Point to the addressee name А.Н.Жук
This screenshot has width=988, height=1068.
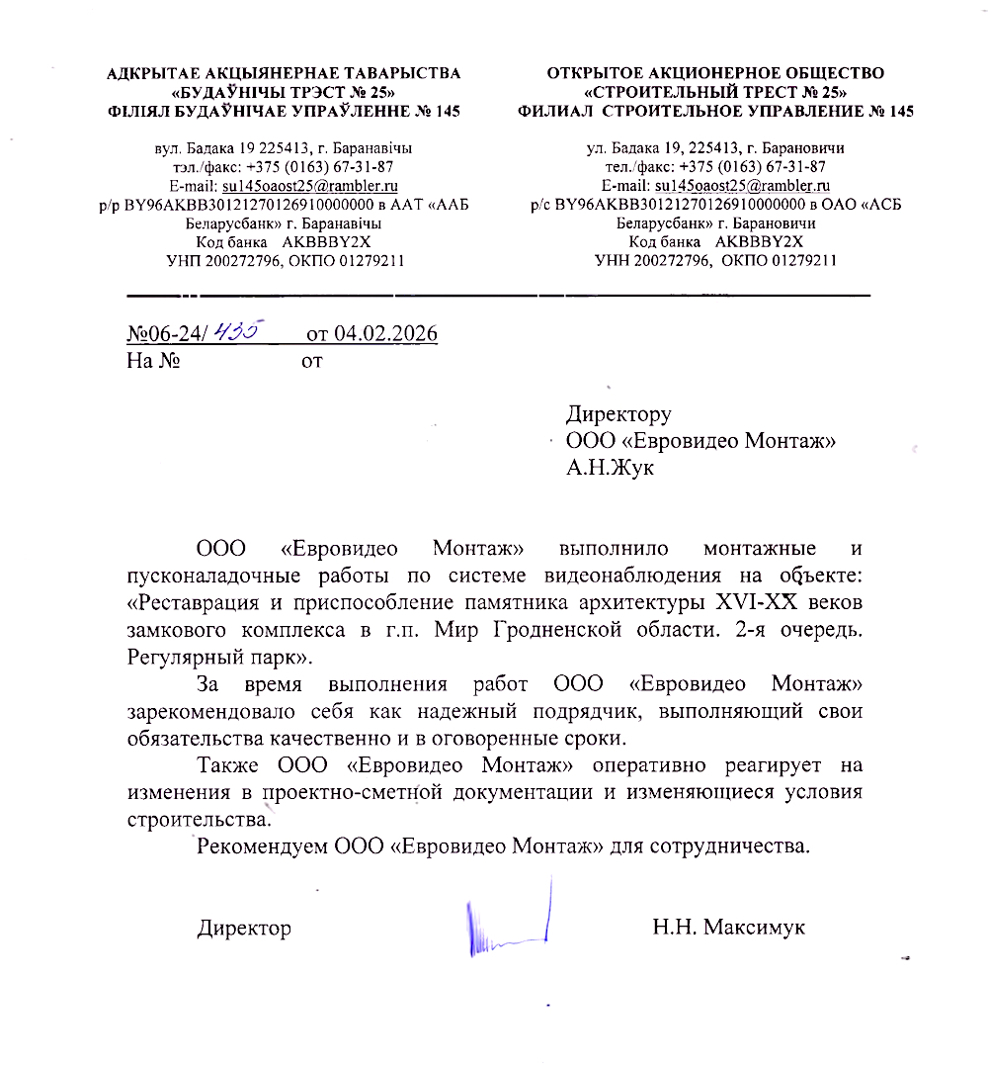[610, 467]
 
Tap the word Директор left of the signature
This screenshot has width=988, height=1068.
[244, 928]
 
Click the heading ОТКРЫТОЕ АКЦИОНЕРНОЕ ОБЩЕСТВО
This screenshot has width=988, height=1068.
[716, 72]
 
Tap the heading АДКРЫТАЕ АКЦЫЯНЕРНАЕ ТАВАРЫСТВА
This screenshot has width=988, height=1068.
[284, 72]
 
